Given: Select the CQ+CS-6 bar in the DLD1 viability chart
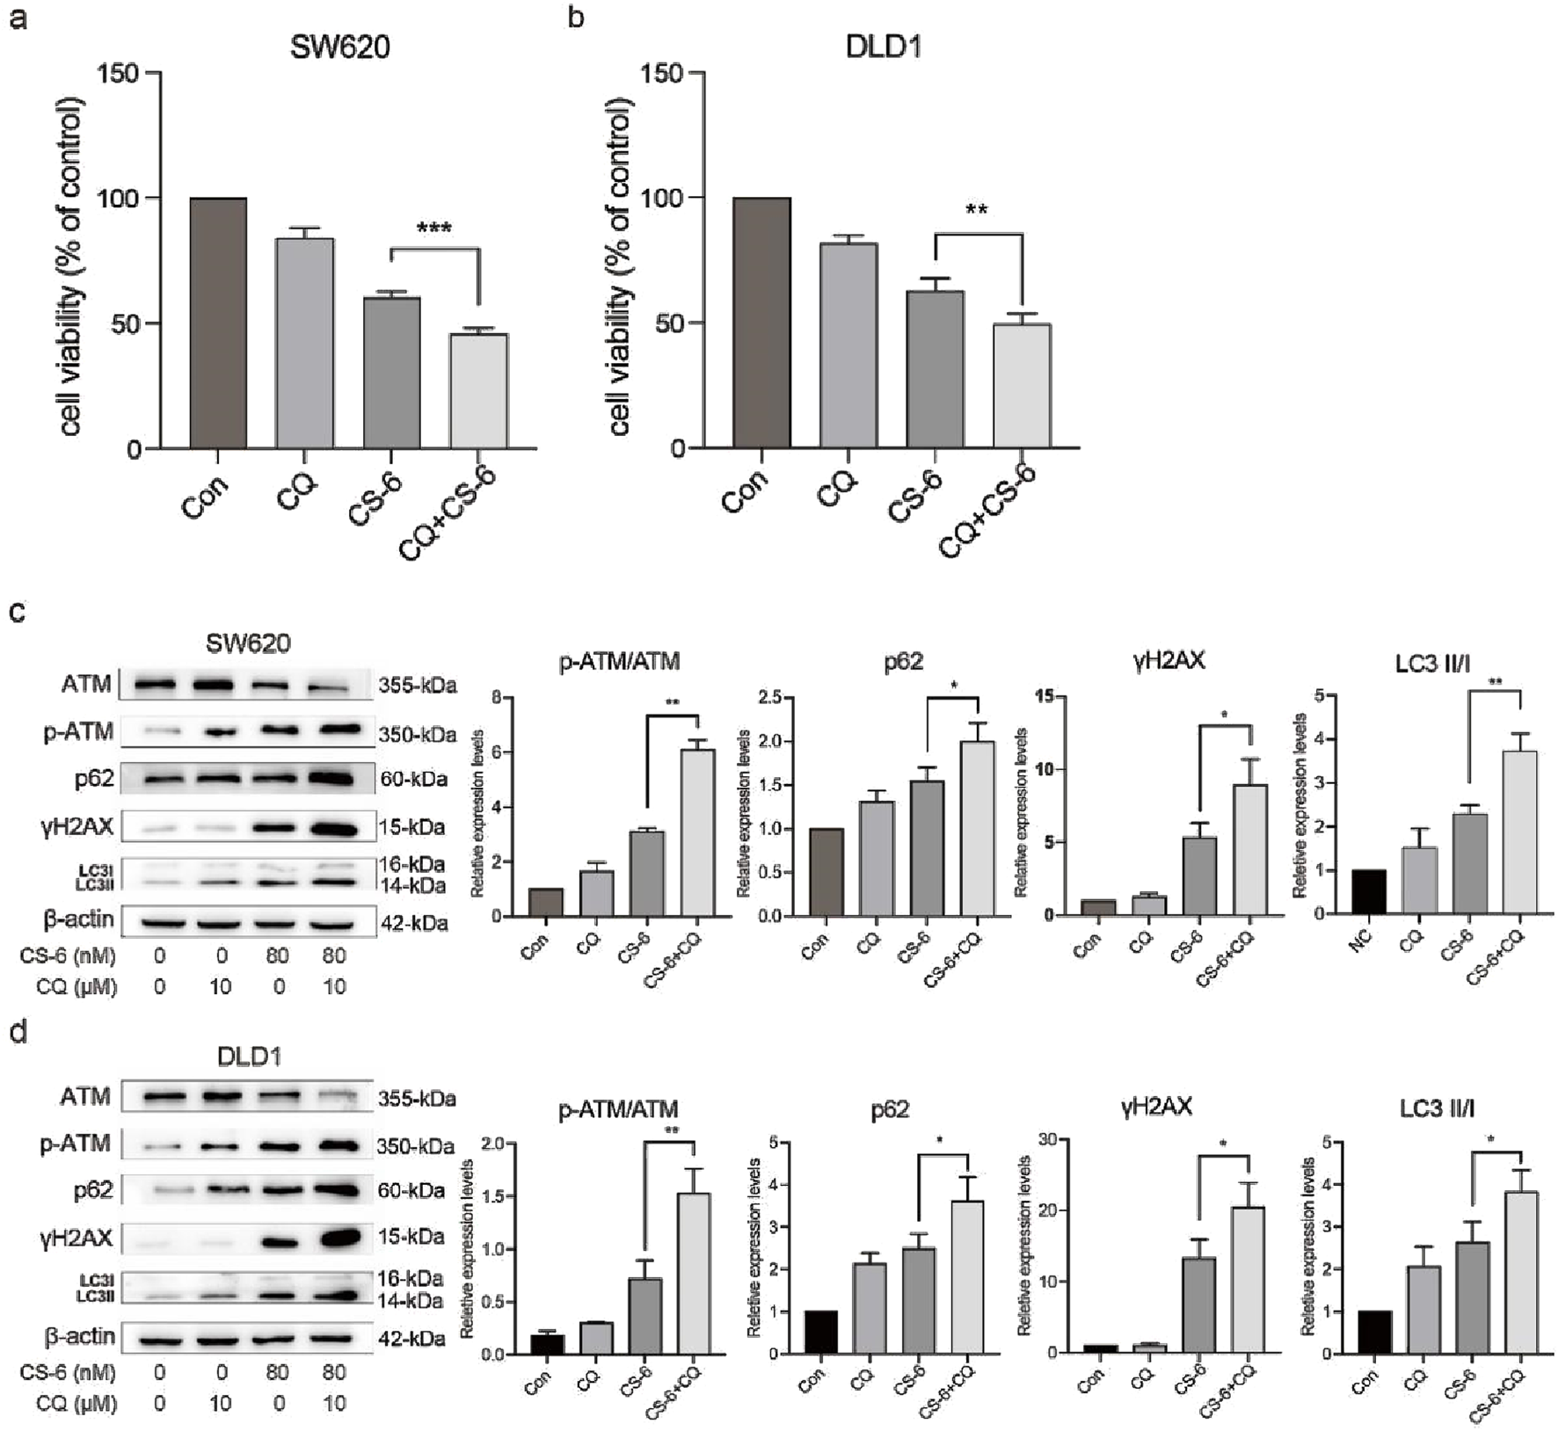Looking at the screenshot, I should pyautogui.click(x=1022, y=386).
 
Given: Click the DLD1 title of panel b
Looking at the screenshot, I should pyautogui.click(x=884, y=47).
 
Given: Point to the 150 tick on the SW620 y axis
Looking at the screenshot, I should pyautogui.click(x=118, y=73).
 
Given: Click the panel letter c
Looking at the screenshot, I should pyautogui.click(x=17, y=611).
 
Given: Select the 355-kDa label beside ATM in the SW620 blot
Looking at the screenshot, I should pyautogui.click(x=418, y=686).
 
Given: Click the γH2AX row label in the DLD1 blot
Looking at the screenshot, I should pyautogui.click(x=76, y=1239).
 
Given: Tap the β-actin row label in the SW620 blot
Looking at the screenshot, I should pyautogui.click(x=78, y=919).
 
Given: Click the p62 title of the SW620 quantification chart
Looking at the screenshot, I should pyautogui.click(x=903, y=662).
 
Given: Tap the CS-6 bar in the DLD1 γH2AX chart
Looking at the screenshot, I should pyautogui.click(x=1198, y=1304).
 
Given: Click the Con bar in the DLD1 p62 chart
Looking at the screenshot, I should pyautogui.click(x=820, y=1332).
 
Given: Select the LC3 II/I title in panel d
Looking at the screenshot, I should pyautogui.click(x=1436, y=1109).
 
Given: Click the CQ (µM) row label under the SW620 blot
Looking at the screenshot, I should pyautogui.click(x=76, y=987).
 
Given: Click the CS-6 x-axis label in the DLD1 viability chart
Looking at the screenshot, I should pyautogui.click(x=914, y=498).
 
